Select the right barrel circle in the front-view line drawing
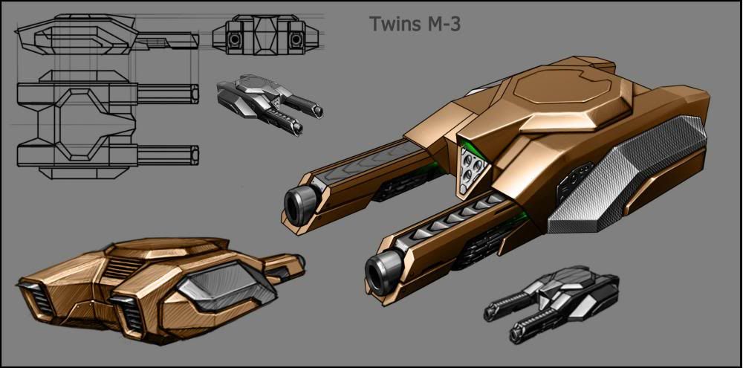[296, 37]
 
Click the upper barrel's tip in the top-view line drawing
[195, 94]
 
